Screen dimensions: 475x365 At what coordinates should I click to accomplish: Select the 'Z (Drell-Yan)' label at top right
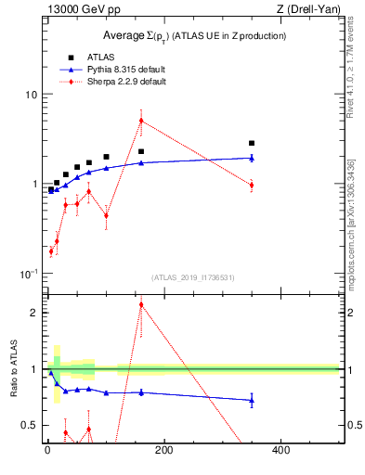(310, 9)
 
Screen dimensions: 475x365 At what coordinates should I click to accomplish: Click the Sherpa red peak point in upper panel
(141, 121)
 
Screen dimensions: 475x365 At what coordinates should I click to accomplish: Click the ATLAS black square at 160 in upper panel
(141, 151)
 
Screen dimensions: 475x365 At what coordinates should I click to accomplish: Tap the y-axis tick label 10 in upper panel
(31, 95)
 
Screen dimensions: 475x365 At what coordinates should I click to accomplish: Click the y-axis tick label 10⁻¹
(29, 275)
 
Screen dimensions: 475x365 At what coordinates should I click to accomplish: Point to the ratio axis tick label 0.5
(30, 425)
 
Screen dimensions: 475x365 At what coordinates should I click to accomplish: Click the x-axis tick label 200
(164, 450)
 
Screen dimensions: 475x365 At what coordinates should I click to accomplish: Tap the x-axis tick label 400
(280, 450)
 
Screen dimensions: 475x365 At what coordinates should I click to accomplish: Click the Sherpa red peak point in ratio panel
(141, 304)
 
